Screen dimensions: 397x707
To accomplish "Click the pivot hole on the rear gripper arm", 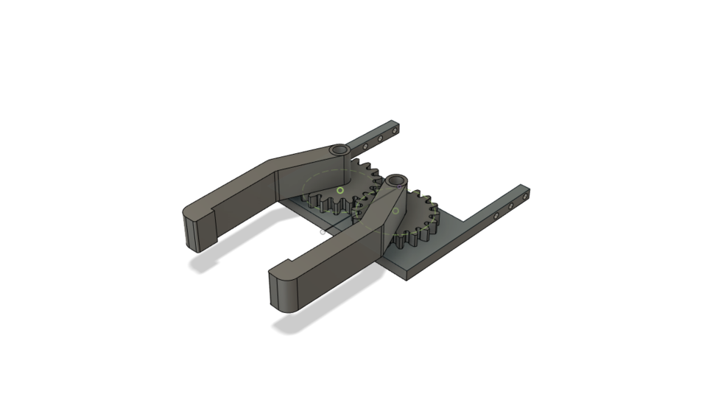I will point(340,150).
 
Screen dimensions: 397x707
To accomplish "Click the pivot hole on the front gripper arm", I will point(397,180).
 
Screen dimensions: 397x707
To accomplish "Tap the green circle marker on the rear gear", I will point(340,191).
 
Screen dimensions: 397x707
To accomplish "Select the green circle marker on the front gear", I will point(395,211).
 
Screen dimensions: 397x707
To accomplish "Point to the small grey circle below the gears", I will point(323,232).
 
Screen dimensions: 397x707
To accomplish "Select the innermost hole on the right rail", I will point(497,216).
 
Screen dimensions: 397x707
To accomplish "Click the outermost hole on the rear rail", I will point(395,130).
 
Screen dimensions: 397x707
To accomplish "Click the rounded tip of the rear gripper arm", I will point(191,229).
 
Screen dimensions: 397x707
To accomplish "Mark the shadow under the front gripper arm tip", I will point(295,324).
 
